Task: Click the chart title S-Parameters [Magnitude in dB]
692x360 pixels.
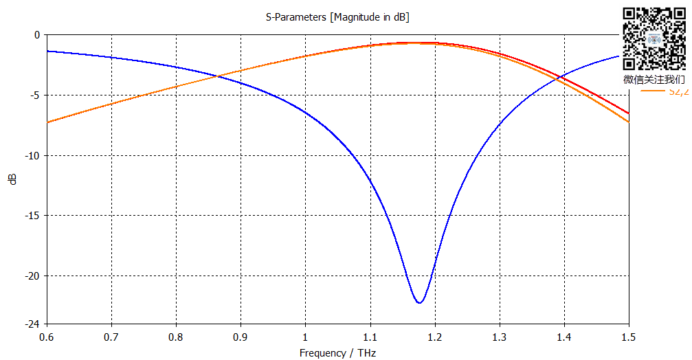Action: (337, 17)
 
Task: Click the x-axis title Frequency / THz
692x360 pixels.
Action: (337, 352)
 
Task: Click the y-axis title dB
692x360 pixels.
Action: (12, 179)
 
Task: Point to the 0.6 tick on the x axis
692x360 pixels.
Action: (47, 337)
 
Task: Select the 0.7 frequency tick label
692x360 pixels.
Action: (111, 337)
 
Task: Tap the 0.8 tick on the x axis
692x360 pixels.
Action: (176, 337)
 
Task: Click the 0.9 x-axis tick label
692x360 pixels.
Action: (241, 337)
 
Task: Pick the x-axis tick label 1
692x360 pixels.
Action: (305, 337)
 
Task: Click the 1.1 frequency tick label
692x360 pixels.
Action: (370, 337)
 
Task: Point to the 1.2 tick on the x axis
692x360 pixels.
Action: (434, 337)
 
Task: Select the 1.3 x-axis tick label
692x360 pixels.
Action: (499, 337)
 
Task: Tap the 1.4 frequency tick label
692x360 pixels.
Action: (563, 337)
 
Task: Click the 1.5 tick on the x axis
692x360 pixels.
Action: (628, 337)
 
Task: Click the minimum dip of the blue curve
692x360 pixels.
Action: (418, 302)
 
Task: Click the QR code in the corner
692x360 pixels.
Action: (654, 38)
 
